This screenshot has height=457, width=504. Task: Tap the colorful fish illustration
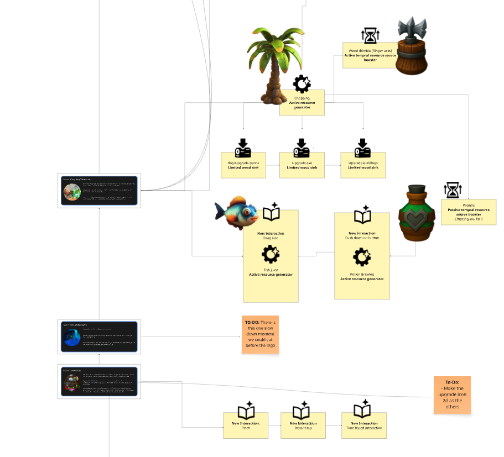click(237, 212)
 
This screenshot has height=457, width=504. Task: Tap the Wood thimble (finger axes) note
click(370, 55)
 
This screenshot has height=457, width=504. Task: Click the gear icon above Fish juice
click(270, 255)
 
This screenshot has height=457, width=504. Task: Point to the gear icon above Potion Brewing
click(361, 258)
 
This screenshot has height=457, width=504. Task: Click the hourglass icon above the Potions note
click(453, 191)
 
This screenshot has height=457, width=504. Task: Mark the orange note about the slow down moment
click(260, 335)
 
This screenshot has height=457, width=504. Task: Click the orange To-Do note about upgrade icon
click(452, 395)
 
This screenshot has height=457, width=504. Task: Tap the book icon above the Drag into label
click(271, 213)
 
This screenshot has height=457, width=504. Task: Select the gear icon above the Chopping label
click(302, 84)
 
